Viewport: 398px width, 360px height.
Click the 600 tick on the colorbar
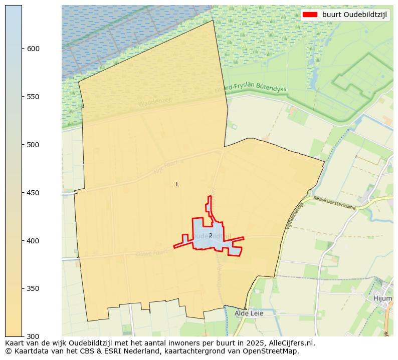pyautogui.click(x=34, y=49)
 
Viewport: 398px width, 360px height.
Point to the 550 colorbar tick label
pyautogui.click(x=34, y=97)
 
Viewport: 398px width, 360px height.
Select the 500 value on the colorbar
pyautogui.click(x=34, y=145)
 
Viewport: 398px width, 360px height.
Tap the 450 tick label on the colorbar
pyautogui.click(x=34, y=193)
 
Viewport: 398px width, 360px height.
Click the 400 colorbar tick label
pyautogui.click(x=34, y=241)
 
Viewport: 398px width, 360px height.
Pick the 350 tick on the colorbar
pyautogui.click(x=34, y=289)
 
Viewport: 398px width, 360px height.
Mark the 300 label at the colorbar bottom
pyautogui.click(x=34, y=336)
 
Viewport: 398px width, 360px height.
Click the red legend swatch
pyautogui.click(x=310, y=15)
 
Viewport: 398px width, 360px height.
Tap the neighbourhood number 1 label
pyautogui.click(x=176, y=185)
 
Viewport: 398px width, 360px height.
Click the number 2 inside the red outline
pyautogui.click(x=211, y=235)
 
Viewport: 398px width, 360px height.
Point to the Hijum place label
pyautogui.click(x=382, y=298)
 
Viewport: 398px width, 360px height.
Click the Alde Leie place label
pyautogui.click(x=249, y=313)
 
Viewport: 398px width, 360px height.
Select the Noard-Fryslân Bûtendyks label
pyautogui.click(x=250, y=88)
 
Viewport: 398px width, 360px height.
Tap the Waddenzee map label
pyautogui.click(x=155, y=103)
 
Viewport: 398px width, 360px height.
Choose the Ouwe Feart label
pyautogui.click(x=150, y=254)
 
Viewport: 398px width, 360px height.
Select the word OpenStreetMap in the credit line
pyautogui.click(x=274, y=351)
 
